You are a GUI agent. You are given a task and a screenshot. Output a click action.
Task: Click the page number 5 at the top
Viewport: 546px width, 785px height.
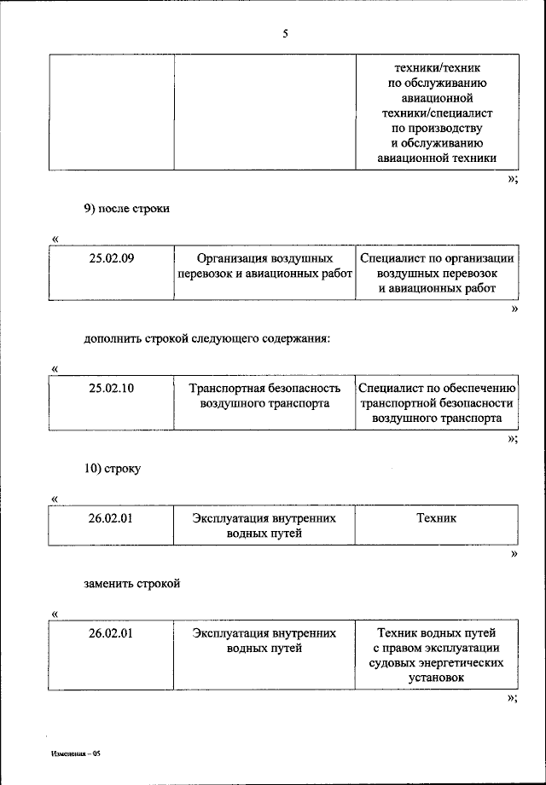(285, 34)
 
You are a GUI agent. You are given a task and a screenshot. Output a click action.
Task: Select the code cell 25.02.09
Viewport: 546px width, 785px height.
(112, 258)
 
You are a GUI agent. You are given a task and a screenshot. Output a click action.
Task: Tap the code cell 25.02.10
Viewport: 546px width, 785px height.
(112, 388)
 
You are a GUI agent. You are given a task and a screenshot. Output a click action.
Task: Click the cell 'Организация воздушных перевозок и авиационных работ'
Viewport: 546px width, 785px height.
(264, 266)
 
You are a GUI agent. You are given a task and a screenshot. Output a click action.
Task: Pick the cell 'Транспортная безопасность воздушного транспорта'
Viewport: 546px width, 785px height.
(264, 395)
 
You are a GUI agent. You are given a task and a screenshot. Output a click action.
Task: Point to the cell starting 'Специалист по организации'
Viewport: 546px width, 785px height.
(437, 274)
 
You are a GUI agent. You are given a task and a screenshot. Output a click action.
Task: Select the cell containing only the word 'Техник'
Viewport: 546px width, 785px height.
(436, 517)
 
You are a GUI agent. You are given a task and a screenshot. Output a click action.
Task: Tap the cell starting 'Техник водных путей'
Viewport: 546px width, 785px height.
(436, 655)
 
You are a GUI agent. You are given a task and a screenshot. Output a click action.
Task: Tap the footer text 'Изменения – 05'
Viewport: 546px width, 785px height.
(76, 754)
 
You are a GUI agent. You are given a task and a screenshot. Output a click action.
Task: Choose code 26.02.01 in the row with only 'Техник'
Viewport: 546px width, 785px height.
(112, 517)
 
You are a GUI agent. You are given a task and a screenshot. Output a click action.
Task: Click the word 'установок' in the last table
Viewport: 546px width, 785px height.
(436, 677)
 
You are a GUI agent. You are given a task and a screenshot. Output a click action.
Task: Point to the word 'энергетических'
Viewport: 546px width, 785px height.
(461, 662)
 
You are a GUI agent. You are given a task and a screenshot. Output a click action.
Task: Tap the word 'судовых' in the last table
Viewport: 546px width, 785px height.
(392, 662)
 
